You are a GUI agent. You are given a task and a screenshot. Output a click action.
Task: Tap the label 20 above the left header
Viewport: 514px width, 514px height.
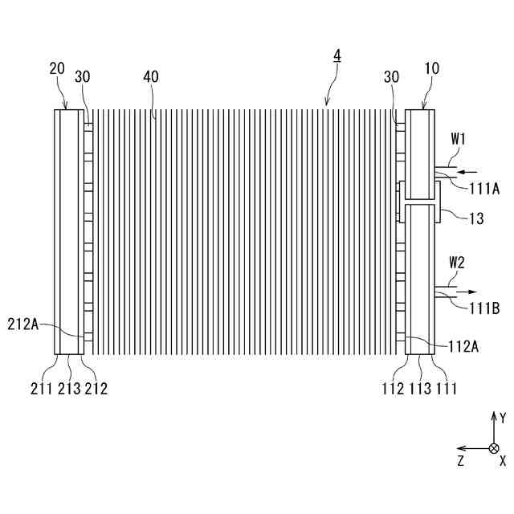[x=57, y=70]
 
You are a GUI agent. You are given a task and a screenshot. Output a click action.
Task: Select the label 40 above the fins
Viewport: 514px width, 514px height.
[x=151, y=77]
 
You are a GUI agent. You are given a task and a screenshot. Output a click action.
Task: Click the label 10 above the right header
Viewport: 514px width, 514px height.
[x=431, y=69]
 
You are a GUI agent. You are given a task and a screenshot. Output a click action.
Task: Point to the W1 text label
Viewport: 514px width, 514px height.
[x=459, y=138]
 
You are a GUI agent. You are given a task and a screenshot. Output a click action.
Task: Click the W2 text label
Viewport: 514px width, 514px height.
[x=457, y=262]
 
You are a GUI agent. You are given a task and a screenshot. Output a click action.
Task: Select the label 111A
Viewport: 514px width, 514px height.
[x=484, y=189]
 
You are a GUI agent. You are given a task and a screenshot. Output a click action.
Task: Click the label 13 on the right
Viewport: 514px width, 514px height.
[x=476, y=218]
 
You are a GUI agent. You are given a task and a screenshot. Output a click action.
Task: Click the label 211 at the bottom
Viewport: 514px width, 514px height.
[x=43, y=390]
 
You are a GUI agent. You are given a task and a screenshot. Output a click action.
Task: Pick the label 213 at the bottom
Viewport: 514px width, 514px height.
[x=69, y=390]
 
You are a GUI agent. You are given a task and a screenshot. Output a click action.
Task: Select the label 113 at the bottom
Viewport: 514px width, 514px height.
[x=420, y=390]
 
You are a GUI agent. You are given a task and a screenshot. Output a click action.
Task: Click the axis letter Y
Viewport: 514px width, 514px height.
[x=503, y=418]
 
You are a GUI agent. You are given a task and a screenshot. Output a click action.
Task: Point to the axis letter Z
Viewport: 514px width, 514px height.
[x=460, y=461]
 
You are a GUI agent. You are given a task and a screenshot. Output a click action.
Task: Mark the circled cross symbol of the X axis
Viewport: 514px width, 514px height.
[x=494, y=448]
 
